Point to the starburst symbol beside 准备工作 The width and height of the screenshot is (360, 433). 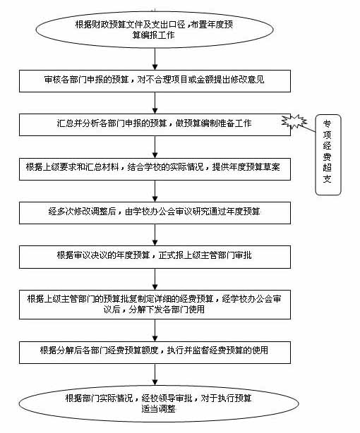click(294, 121)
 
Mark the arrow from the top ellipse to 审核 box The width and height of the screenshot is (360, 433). click(155, 59)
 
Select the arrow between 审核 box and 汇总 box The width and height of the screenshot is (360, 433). click(155, 103)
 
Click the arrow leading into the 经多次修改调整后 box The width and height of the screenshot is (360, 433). click(155, 191)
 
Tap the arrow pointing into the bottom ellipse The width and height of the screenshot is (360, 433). click(155, 374)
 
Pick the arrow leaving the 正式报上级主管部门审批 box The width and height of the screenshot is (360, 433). click(155, 279)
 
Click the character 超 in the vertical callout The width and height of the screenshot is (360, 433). click(328, 168)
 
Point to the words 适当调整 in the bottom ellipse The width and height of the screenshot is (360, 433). click(158, 409)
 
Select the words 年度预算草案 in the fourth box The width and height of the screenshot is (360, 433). click(254, 167)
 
